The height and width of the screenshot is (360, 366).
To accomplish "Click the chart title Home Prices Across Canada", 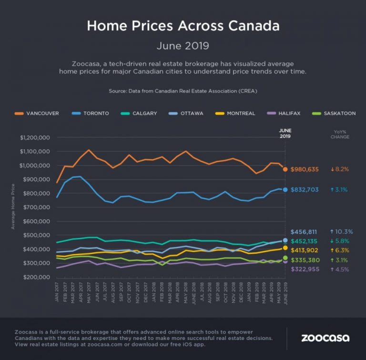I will tap(183, 26).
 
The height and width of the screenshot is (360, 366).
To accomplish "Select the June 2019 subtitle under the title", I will tap(183, 46).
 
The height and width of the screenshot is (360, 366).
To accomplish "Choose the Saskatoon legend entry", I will tap(336, 113).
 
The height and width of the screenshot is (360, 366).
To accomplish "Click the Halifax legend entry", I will tap(286, 113).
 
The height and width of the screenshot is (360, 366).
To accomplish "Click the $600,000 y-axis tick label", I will tap(37, 221).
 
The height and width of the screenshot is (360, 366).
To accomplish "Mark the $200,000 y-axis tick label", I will tap(37, 277).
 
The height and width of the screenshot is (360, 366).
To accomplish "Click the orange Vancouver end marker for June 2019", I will tap(285, 169).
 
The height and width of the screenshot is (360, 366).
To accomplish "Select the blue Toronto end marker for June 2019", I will tap(285, 190).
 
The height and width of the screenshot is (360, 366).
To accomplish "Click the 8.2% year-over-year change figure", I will tap(340, 169).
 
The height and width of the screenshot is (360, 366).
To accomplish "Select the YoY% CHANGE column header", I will tap(340, 134).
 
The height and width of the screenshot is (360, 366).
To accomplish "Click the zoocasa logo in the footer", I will tap(325, 338).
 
